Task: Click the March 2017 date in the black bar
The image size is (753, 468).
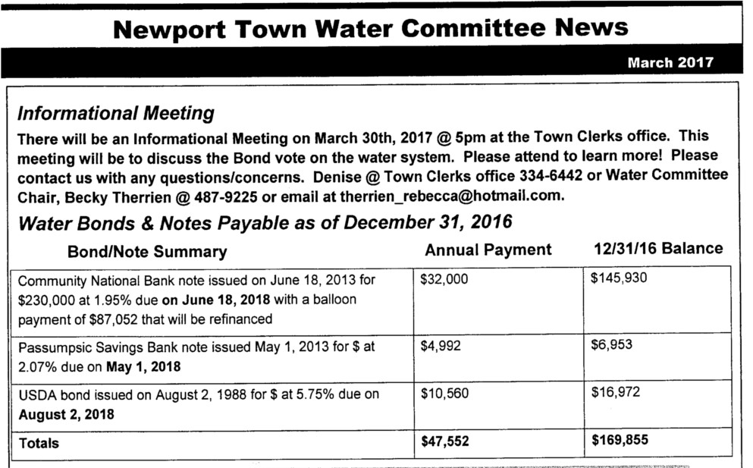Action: click(670, 63)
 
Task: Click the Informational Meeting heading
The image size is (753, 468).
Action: click(115, 114)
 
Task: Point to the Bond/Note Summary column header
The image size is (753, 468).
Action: click(147, 251)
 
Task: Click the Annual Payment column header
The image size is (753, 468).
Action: click(488, 250)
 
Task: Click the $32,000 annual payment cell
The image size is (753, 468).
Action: click(444, 279)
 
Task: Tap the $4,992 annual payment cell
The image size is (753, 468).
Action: click(441, 345)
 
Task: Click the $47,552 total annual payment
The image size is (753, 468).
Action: click(445, 441)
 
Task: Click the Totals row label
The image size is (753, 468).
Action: click(39, 442)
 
